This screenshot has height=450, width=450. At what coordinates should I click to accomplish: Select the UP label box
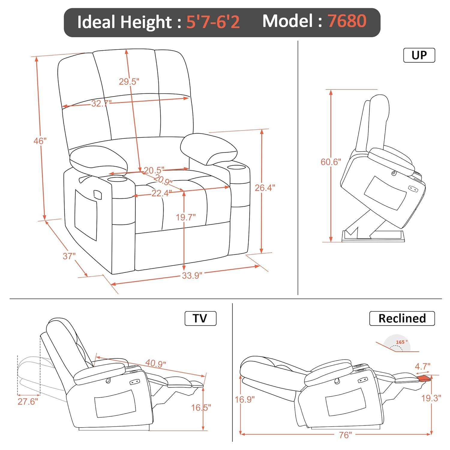click(419, 55)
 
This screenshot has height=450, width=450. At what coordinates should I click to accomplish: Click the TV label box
click(200, 318)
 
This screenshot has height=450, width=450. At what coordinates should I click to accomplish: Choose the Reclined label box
click(402, 318)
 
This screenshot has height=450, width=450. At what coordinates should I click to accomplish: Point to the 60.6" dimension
click(331, 162)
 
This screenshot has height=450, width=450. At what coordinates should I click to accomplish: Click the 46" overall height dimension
click(40, 140)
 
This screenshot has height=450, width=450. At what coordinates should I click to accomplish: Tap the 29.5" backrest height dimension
click(129, 81)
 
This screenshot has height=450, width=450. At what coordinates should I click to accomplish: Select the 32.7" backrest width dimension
click(101, 103)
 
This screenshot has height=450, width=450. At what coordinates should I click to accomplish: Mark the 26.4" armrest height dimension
click(265, 188)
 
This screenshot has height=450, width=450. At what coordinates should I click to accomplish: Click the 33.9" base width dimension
click(192, 275)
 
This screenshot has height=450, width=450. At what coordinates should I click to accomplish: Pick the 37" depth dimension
click(69, 256)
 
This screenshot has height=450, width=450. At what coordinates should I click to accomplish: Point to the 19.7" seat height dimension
click(185, 217)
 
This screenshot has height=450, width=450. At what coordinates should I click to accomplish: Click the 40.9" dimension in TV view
click(155, 363)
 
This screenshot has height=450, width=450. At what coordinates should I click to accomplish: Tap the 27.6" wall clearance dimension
click(28, 401)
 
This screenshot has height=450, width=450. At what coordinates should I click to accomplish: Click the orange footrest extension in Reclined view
click(423, 379)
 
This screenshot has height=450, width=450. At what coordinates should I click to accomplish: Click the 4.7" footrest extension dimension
click(422, 366)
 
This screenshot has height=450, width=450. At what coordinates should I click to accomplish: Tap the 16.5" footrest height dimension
click(201, 407)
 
